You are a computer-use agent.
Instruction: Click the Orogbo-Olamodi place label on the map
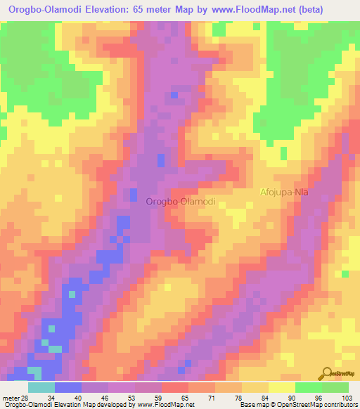181,202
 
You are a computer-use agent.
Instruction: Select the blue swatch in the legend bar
68,387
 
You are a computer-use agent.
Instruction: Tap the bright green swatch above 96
307,387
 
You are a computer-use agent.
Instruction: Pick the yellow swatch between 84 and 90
281,387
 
